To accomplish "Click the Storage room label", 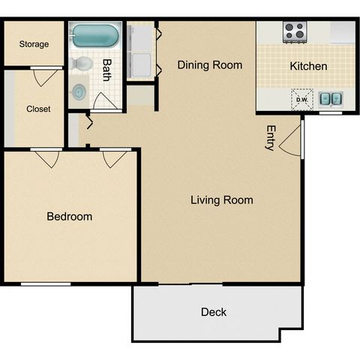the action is pyautogui.click(x=34, y=44).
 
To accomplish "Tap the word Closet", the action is pyautogui.click(x=38, y=109).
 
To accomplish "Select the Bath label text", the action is pyautogui.click(x=107, y=70).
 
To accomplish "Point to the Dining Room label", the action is pyautogui.click(x=210, y=65).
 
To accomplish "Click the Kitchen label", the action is pyautogui.click(x=308, y=66).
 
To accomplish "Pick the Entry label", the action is pyautogui.click(x=271, y=138).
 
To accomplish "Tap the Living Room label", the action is pyautogui.click(x=222, y=200).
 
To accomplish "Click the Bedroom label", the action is pyautogui.click(x=70, y=217).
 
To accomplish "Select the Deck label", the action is pyautogui.click(x=214, y=312).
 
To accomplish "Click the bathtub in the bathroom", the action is pyautogui.click(x=95, y=35).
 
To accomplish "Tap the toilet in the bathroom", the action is pyautogui.click(x=81, y=64).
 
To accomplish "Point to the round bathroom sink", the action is pyautogui.click(x=79, y=92).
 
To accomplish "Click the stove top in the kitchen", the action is pyautogui.click(x=295, y=32).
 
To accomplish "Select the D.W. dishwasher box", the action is pyautogui.click(x=302, y=100).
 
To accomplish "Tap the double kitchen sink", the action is pyautogui.click(x=331, y=98).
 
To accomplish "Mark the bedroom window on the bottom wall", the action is pyautogui.click(x=46, y=284).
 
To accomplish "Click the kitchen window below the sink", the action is pyautogui.click(x=331, y=113).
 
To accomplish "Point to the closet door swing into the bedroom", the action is pyautogui.click(x=47, y=159).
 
